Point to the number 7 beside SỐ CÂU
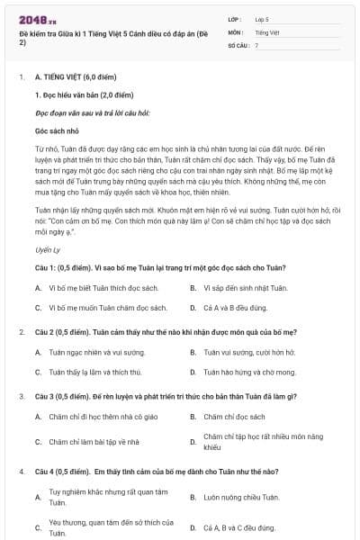point(256,44)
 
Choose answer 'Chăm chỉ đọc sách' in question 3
point(234,417)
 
